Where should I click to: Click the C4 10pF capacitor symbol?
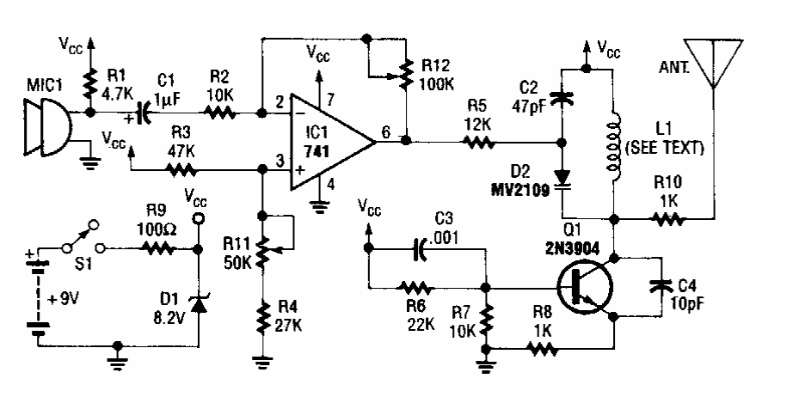click(661, 285)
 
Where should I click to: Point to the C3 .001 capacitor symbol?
click(419, 247)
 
